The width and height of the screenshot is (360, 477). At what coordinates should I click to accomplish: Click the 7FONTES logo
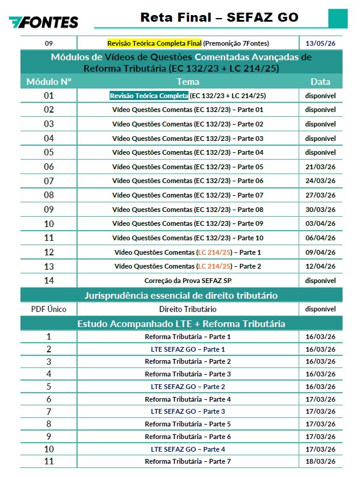(x=43, y=22)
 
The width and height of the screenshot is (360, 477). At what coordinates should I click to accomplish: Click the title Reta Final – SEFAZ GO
(x=219, y=17)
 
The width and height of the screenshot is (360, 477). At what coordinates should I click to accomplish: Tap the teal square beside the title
(x=338, y=18)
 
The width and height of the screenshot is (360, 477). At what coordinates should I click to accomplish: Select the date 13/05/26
(x=320, y=43)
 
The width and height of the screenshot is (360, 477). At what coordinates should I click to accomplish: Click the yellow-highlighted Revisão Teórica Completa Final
(x=154, y=43)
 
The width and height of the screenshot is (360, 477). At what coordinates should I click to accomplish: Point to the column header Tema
(x=188, y=81)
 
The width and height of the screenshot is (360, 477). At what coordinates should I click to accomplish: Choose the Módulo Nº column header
(x=49, y=81)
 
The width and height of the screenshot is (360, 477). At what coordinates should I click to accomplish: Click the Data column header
(x=320, y=81)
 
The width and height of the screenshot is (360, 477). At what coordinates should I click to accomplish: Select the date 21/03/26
(x=320, y=167)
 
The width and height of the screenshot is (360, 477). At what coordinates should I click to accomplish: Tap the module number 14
(x=49, y=280)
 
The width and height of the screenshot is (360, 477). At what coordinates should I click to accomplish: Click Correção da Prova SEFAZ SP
(x=188, y=281)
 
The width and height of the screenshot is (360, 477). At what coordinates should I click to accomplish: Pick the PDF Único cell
(x=49, y=309)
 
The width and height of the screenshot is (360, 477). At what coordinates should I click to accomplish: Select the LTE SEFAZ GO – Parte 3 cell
(x=188, y=411)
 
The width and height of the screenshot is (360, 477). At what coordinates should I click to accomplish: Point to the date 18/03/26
(x=320, y=461)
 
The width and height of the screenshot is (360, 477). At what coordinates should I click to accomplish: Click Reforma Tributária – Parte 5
(x=188, y=424)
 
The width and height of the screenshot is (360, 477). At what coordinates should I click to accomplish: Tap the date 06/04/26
(x=320, y=238)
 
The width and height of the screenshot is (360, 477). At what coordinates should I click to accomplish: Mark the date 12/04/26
(x=320, y=266)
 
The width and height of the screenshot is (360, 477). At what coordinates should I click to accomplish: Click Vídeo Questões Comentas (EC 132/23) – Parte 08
(x=188, y=210)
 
